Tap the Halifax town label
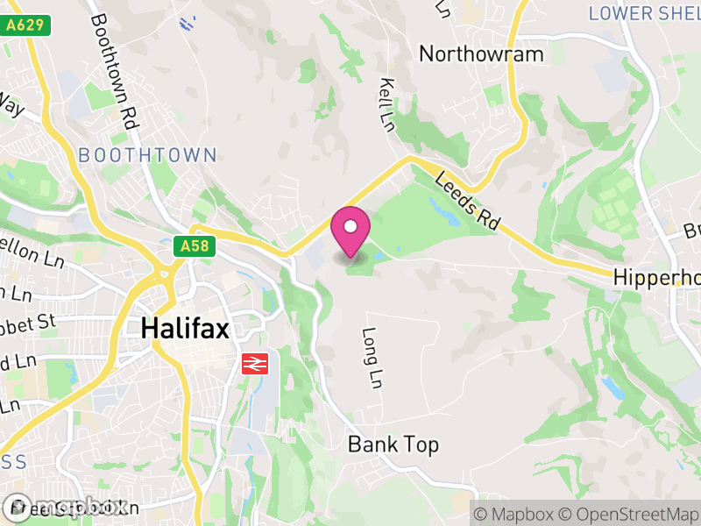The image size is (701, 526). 185,329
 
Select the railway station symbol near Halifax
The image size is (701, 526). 255,362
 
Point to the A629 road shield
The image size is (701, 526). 25,26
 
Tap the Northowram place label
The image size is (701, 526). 481,53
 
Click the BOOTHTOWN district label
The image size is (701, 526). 147,155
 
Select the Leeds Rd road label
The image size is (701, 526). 467,200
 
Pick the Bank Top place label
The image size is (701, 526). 393,444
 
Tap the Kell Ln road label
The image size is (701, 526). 387,104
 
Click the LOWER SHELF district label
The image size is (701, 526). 645,13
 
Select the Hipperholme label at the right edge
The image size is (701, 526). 657,277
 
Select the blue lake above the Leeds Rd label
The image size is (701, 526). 437,208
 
